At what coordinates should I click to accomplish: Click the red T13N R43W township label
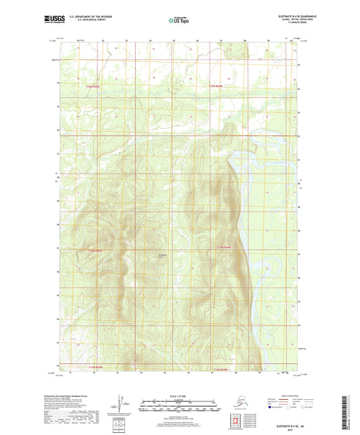[x=97, y=86]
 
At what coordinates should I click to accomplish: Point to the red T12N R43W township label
[x=97, y=251]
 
